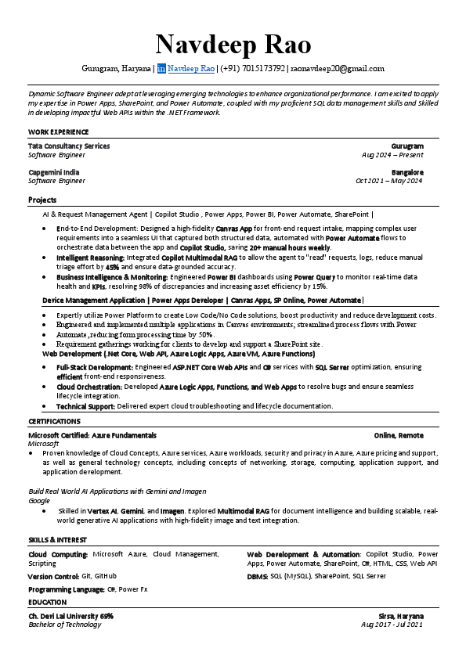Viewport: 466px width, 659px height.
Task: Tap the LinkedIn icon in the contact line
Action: [x=161, y=69]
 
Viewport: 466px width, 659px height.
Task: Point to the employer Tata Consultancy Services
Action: [x=69, y=146]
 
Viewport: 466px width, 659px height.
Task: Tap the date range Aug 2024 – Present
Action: [x=392, y=155]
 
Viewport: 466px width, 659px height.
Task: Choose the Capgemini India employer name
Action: [x=53, y=172]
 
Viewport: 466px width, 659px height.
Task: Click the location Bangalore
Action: [x=407, y=172]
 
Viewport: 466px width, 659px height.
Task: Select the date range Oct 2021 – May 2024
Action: [x=389, y=181]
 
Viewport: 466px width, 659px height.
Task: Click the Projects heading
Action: [x=42, y=200]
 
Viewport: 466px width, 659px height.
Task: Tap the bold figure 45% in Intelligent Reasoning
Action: [x=112, y=267]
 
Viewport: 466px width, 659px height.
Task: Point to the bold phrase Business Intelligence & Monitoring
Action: [x=112, y=277]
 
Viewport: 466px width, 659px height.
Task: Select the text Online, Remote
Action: [x=399, y=435]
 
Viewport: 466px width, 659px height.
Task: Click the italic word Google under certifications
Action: [x=39, y=500]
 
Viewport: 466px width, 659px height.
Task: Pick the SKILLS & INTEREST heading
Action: [x=57, y=540]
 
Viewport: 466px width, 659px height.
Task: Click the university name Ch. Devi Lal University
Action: [x=65, y=616]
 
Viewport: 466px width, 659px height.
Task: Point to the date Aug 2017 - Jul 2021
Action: [x=392, y=625]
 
